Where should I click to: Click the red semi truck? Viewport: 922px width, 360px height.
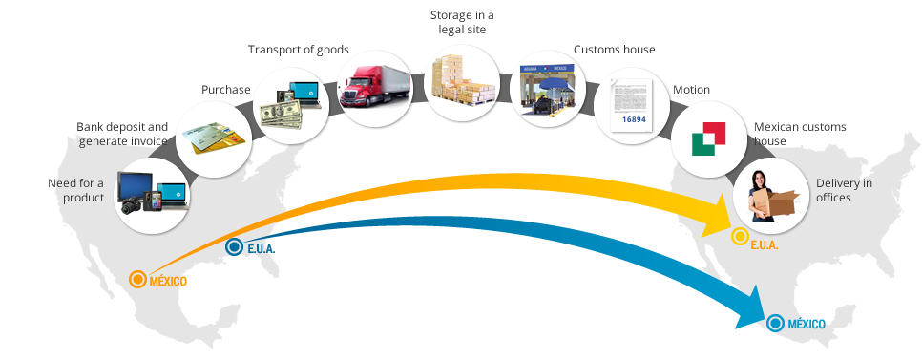pos(375,86)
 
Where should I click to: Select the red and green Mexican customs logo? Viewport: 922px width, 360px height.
pos(708,139)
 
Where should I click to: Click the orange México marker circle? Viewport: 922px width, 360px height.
pos(137,279)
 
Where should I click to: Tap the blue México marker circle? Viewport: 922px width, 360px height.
pos(776,323)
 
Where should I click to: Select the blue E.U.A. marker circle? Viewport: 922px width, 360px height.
pos(234,247)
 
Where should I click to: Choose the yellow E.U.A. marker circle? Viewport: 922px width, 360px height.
pos(740,237)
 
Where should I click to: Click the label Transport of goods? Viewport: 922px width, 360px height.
pos(298,50)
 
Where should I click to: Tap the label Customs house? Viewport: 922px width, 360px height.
pos(615,50)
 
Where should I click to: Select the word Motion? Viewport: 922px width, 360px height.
pos(691,90)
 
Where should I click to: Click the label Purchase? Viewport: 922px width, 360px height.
pos(226,90)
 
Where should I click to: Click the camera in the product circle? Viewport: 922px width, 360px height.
pos(131,204)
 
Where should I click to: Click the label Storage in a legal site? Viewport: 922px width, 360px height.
pos(462,22)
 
